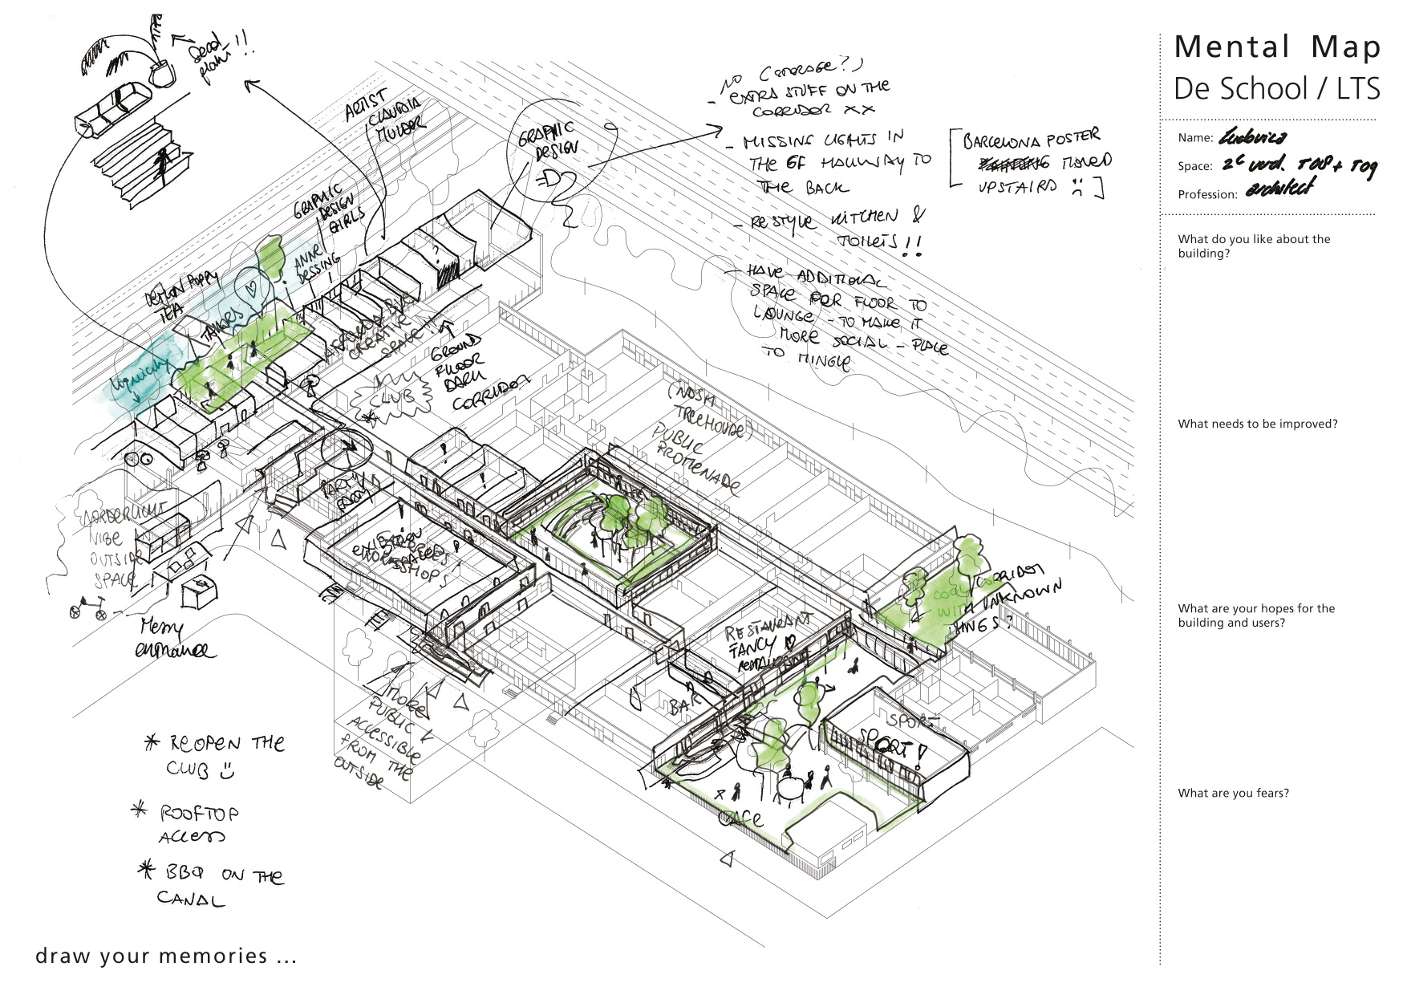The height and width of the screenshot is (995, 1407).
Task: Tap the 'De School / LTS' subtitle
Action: coord(1276,88)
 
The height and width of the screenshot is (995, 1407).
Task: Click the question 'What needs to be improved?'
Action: coord(1257,424)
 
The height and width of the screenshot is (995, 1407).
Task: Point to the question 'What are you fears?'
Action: coord(1233,793)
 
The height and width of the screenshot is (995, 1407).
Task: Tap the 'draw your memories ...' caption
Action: coord(166,956)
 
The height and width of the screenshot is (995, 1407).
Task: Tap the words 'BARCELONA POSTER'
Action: coord(1031,140)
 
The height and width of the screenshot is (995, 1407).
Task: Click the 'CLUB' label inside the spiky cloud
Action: coord(393,397)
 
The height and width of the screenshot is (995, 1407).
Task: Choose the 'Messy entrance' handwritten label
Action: coord(174,639)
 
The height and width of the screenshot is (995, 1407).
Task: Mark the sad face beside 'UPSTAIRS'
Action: coord(1079,189)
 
